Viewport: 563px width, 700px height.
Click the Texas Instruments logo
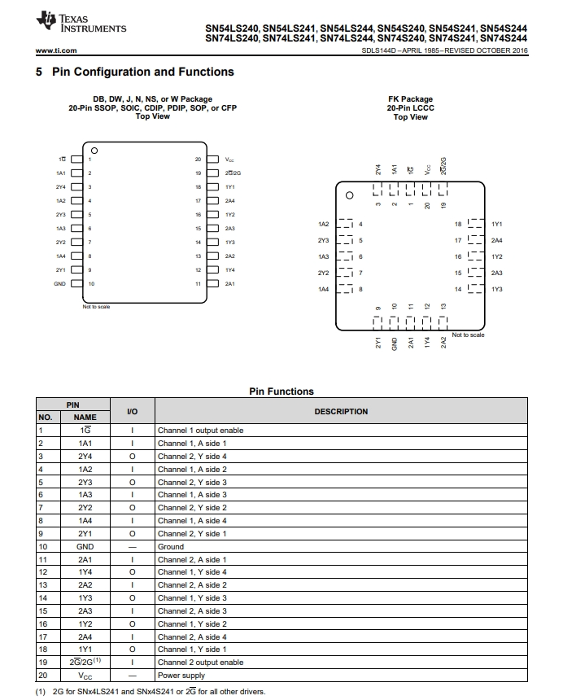coord(81,24)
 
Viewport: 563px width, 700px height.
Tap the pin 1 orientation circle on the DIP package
coord(94,151)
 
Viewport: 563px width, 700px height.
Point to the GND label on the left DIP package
coord(59,284)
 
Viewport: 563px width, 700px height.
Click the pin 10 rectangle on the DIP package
coord(77,284)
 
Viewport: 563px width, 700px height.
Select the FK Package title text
coord(410,99)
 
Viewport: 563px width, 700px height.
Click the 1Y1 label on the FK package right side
coord(497,224)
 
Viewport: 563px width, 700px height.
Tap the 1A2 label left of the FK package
coord(323,224)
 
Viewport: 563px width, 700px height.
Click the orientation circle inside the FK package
coord(350,196)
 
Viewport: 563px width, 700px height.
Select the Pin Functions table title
coord(281,392)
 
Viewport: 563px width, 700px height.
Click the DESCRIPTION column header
coord(341,412)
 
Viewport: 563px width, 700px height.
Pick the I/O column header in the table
coord(133,412)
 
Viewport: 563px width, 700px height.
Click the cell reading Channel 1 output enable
coord(200,431)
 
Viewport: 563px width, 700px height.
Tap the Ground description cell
coord(171,547)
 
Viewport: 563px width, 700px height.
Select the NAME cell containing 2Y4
coord(85,457)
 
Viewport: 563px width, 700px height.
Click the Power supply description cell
coord(181,676)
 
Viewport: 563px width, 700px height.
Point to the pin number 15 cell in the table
coord(41,611)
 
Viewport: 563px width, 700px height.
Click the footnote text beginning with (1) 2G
coord(150,693)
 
